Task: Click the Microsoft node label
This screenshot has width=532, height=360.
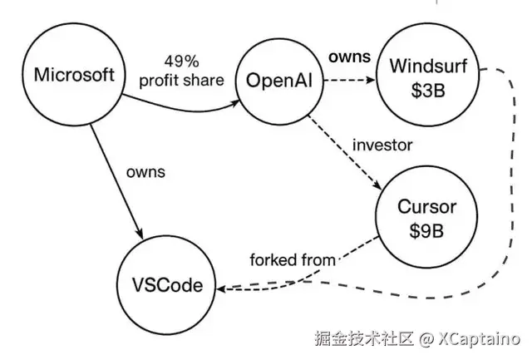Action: (x=74, y=74)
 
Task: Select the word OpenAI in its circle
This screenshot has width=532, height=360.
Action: (x=279, y=81)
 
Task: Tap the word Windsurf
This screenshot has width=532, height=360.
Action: (x=428, y=66)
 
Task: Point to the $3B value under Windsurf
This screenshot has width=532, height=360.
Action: (x=428, y=91)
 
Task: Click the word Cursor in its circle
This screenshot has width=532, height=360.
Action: (x=426, y=207)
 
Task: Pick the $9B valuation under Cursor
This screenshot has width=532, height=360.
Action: (x=426, y=231)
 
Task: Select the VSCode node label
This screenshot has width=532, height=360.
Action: (x=167, y=285)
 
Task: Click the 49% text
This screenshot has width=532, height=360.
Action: (x=181, y=62)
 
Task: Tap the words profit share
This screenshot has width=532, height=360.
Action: (x=181, y=81)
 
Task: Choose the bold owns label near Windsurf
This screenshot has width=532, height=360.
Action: (x=349, y=57)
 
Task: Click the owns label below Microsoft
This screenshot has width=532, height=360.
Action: (x=145, y=172)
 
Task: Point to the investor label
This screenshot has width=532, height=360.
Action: (x=382, y=145)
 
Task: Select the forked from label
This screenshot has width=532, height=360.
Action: (x=293, y=260)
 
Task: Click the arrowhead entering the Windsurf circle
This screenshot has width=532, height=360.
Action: (x=371, y=80)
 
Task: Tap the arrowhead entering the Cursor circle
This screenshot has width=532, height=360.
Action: (x=377, y=185)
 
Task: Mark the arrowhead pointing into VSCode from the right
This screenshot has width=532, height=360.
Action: (x=221, y=289)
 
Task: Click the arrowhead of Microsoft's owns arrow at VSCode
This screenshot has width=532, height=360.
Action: (x=140, y=234)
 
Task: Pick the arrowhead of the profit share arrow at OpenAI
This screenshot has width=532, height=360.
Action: (x=235, y=103)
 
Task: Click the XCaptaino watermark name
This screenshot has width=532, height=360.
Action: (x=479, y=338)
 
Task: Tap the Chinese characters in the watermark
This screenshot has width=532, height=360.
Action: (x=364, y=338)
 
